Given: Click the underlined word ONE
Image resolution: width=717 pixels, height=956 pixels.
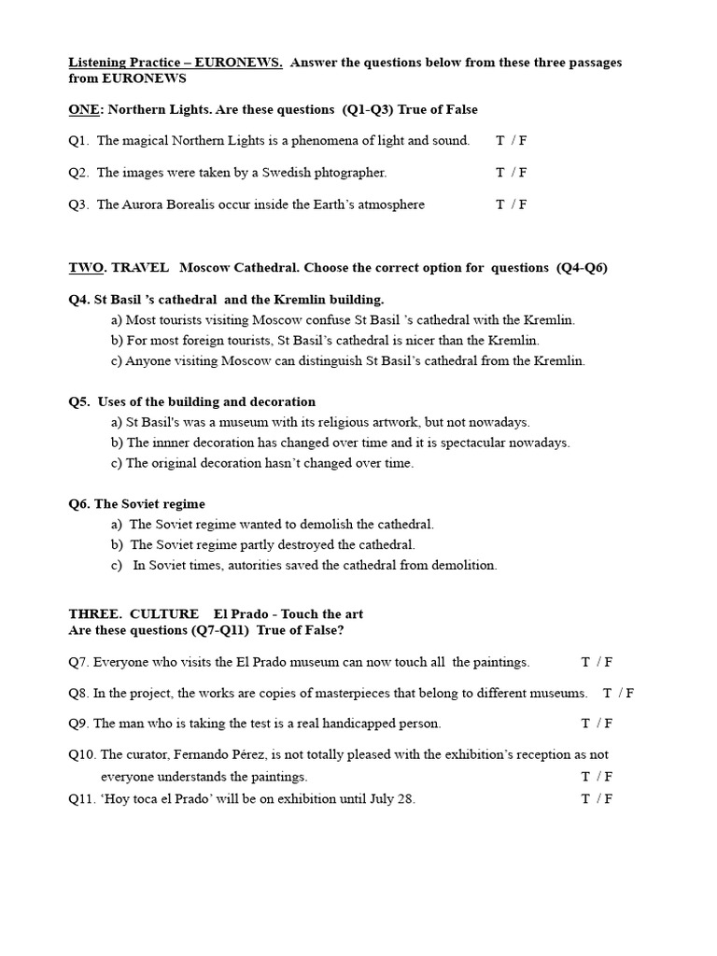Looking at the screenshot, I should tap(82, 109).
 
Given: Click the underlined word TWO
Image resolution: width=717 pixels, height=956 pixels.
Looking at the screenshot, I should tap(86, 267).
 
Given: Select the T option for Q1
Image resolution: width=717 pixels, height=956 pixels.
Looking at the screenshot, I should tap(500, 141).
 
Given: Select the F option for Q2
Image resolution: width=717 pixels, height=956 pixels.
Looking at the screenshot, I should tap(523, 173).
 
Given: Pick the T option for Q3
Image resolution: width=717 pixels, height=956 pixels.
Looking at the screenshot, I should tap(500, 204).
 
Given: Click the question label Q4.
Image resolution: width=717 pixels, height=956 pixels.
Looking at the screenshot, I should tap(79, 300).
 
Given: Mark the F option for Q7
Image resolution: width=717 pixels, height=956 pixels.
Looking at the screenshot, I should tap(609, 663).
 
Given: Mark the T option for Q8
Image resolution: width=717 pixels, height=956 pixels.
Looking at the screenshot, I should tap(607, 694).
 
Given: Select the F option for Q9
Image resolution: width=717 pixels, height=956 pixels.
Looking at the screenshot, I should tap(609, 724).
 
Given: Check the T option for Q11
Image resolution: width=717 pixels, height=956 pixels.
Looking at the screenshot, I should tap(585, 799).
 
